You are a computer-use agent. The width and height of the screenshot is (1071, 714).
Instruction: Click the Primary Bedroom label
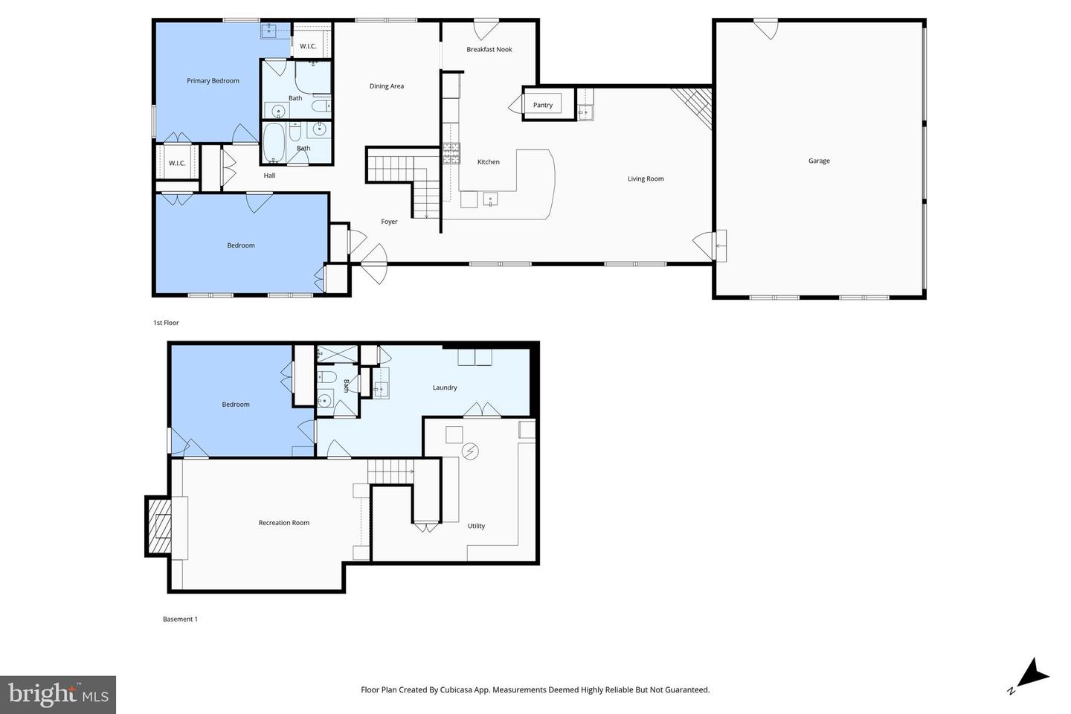(x=213, y=81)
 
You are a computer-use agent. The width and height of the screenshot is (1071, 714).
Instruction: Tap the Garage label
(x=819, y=161)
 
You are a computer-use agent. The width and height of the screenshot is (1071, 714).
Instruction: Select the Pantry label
(x=542, y=105)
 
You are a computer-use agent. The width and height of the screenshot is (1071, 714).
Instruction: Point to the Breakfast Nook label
(x=489, y=50)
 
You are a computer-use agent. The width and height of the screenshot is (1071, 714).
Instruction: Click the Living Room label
(x=645, y=178)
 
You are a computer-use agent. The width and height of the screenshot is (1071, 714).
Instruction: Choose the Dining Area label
(x=387, y=86)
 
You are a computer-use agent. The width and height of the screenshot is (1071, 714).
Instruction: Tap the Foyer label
(x=389, y=222)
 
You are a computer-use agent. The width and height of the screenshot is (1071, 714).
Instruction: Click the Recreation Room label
(x=283, y=523)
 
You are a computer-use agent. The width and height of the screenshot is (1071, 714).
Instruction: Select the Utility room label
(x=476, y=526)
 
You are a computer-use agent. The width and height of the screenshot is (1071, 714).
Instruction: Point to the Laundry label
(x=445, y=387)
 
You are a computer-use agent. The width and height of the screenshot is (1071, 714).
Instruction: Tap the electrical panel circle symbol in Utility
(x=470, y=451)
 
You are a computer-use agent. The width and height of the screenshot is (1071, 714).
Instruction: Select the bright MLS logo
(x=57, y=695)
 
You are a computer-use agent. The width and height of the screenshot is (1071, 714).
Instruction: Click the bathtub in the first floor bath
(x=274, y=143)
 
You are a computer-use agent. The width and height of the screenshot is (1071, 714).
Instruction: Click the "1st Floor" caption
(x=166, y=323)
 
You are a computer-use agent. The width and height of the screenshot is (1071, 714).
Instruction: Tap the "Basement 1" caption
(x=180, y=619)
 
